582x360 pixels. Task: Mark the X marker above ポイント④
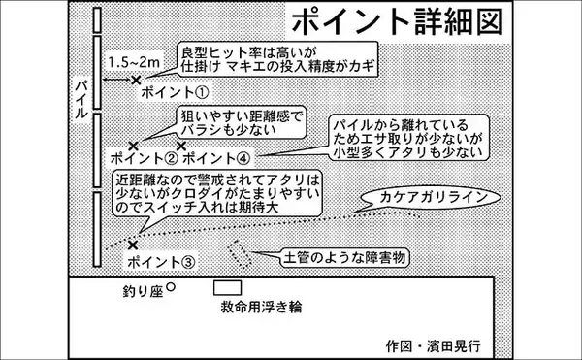[x=180, y=145]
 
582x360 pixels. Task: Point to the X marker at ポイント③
[x=132, y=245]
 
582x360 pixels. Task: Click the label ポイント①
[x=176, y=94]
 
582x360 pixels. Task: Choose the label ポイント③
[x=161, y=261]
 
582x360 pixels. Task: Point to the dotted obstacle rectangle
[x=240, y=255]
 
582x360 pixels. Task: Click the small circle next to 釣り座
[x=171, y=287]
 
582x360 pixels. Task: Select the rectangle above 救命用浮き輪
[x=227, y=288]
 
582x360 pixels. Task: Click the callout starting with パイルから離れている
[x=405, y=139]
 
